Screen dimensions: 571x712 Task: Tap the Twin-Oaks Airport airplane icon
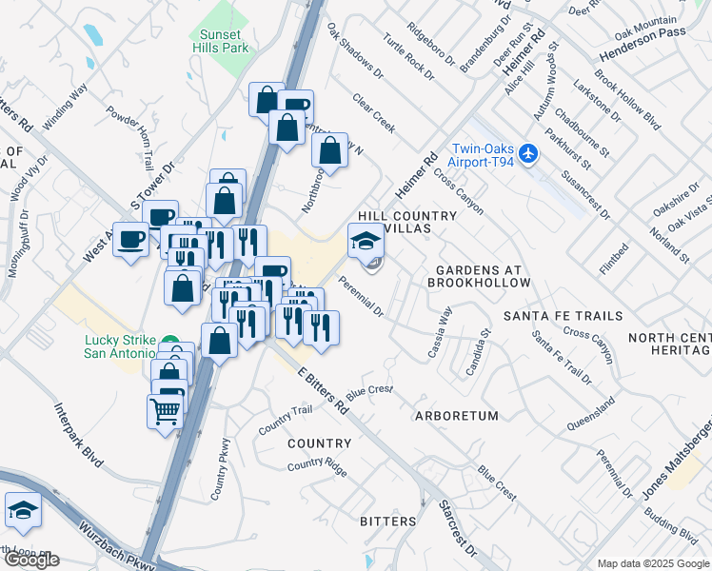(530, 153)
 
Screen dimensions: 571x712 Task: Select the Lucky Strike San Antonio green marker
(169, 343)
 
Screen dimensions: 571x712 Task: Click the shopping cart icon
(165, 412)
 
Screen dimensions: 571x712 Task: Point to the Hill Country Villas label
(407, 223)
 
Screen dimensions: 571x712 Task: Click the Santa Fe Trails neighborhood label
(563, 316)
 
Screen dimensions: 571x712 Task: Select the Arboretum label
(457, 416)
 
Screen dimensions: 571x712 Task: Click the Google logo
(31, 560)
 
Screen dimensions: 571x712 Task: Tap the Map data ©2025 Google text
(652, 563)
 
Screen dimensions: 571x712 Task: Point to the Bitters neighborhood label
(388, 522)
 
